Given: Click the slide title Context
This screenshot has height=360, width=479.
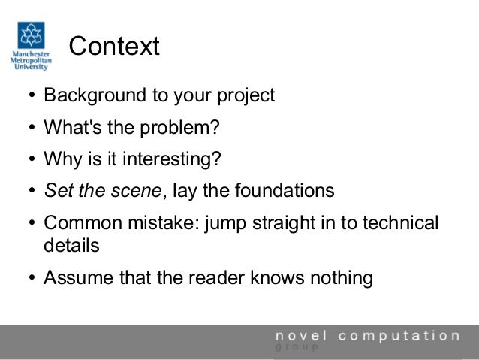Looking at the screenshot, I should pyautogui.click(x=115, y=47).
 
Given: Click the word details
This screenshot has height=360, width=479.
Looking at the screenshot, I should pyautogui.click(x=71, y=246).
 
